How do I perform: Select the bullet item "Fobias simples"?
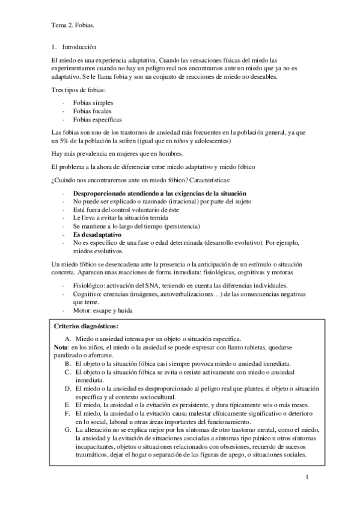point(93,103)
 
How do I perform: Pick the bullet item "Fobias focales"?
point(92,111)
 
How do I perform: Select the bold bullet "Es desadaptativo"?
point(97,234)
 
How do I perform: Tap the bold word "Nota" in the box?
point(61,348)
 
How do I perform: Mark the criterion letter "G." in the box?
point(69,431)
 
